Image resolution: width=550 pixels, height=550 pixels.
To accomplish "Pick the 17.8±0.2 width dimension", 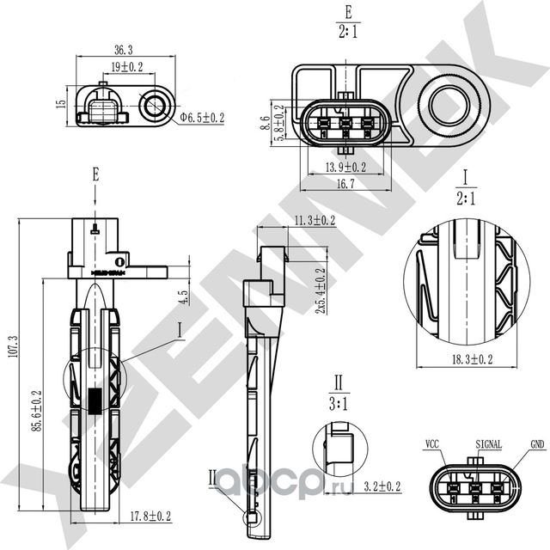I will (x=149, y=516).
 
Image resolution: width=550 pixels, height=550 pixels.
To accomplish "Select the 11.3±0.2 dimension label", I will (x=314, y=221).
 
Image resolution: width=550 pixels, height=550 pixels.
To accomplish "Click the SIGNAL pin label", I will (x=488, y=444).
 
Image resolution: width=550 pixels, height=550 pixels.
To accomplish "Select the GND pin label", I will (x=536, y=444).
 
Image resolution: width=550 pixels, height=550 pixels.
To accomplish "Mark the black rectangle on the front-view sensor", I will (x=95, y=400).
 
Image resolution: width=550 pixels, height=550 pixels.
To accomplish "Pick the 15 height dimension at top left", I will (x=60, y=104).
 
